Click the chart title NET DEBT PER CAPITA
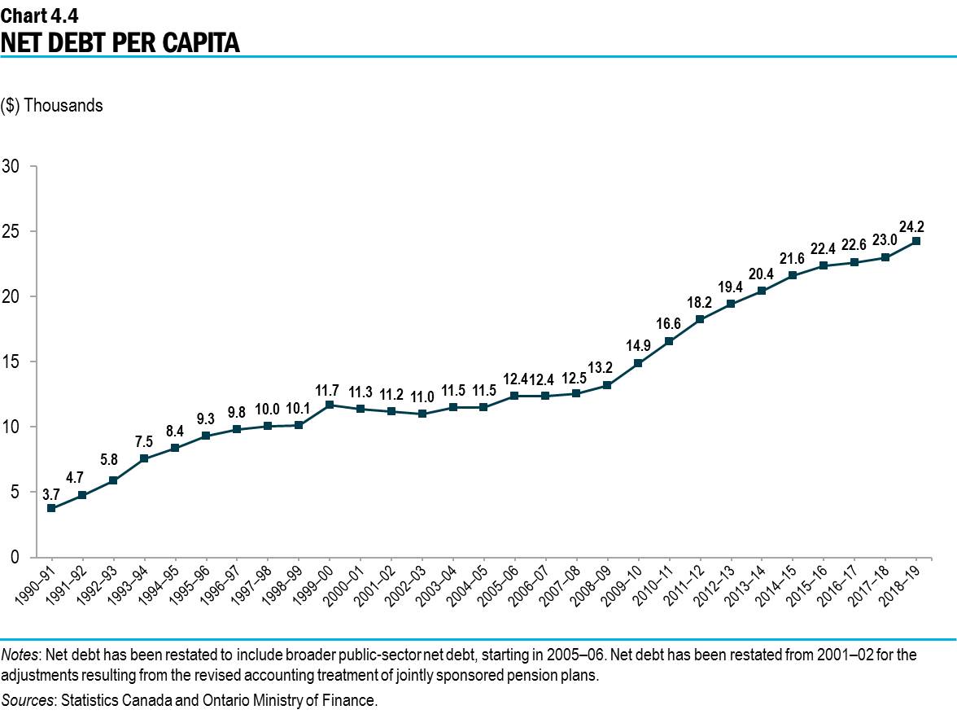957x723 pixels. [120, 42]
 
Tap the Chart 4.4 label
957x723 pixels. [40, 13]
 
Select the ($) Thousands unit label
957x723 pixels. [52, 106]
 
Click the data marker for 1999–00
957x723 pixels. [330, 405]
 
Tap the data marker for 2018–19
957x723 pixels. [916, 241]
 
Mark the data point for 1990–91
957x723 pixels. [51, 508]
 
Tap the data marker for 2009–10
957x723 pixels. [638, 363]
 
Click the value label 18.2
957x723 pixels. [699, 301]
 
